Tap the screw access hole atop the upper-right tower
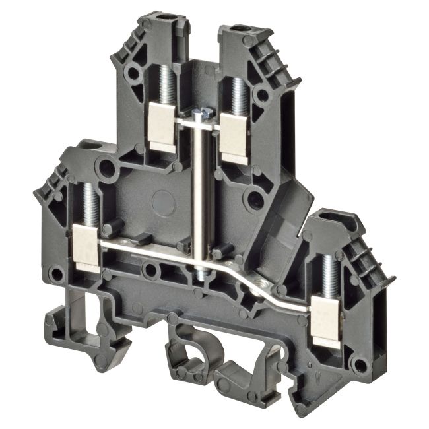pyautogui.click(x=240, y=29)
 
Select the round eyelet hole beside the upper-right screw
pyautogui.click(x=263, y=95)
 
